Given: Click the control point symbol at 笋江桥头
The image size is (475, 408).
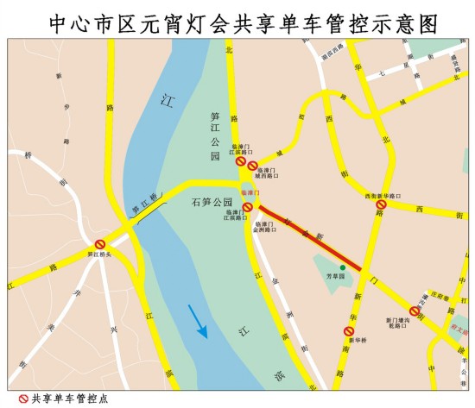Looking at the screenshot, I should point(100,244).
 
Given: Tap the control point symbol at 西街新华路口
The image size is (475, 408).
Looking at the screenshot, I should point(380,205).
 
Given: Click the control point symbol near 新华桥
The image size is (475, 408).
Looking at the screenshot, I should point(349,330).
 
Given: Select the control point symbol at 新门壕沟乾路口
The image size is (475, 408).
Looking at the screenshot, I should point(415,311).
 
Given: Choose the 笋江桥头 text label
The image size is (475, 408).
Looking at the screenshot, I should point(100,254).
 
